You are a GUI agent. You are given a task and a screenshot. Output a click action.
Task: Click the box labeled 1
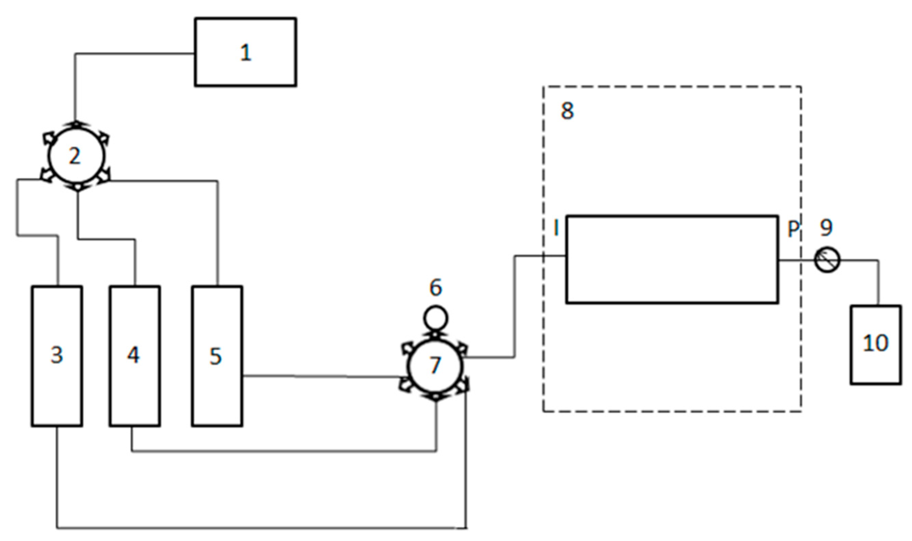tap(245, 52)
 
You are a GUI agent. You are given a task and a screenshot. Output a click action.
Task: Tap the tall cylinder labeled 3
tap(57, 356)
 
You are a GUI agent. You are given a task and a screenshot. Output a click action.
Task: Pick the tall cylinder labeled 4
tap(135, 356)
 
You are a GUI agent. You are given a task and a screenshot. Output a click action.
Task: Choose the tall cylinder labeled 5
tap(217, 356)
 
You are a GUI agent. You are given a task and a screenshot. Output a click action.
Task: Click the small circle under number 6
tap(435, 318)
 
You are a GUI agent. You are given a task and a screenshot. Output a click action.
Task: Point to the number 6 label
tap(436, 288)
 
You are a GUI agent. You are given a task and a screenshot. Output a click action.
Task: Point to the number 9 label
tap(826, 227)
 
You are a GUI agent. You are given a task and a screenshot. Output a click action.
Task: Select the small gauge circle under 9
tap(827, 260)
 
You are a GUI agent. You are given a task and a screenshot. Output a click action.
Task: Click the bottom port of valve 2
tap(78, 188)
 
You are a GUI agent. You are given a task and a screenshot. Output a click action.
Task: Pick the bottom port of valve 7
tap(436, 397)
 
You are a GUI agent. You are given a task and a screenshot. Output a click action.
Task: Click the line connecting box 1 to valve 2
tap(135, 54)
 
